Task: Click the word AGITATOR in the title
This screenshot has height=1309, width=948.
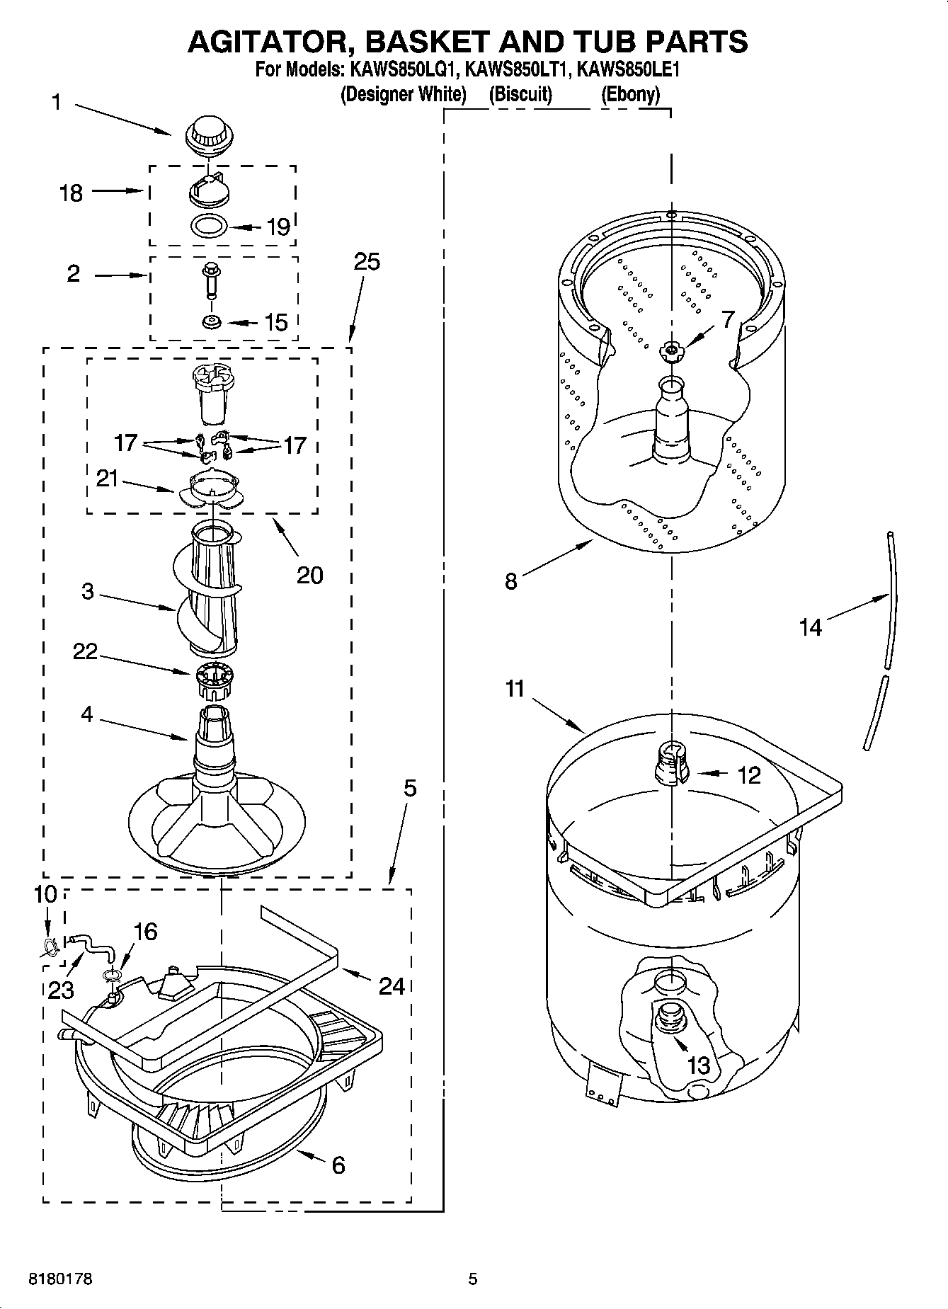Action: pos(269,42)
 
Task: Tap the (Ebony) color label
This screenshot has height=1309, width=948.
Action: pos(629,94)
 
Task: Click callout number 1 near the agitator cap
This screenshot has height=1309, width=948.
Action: pos(57,103)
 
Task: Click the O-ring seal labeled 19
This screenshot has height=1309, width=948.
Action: pos(209,227)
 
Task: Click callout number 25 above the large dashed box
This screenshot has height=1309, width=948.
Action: pos(366,262)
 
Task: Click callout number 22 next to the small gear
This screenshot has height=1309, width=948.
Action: pos(85,651)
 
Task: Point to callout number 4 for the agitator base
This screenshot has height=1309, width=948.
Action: pos(86,714)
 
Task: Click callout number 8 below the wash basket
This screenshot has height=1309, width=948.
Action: pos(511,581)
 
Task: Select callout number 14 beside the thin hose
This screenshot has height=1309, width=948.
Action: pos(810,627)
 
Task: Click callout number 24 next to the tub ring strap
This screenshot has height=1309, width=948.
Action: pos(391,985)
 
